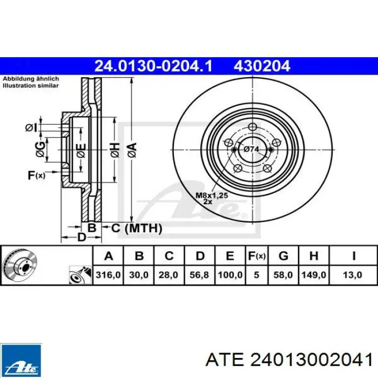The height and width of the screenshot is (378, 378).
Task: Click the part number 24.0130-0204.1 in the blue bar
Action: [x=153, y=66]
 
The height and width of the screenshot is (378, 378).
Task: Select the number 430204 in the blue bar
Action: [x=262, y=66]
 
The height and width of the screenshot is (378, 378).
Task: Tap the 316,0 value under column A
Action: [x=108, y=275]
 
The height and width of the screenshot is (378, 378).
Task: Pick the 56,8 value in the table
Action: [x=199, y=275]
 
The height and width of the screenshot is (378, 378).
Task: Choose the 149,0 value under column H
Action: [x=314, y=275]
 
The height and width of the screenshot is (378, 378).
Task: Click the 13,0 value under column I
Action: [x=353, y=275]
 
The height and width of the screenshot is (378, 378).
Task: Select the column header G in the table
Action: [x=283, y=256]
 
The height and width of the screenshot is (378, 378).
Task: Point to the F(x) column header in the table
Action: [x=256, y=256]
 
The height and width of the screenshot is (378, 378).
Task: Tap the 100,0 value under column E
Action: [x=230, y=275]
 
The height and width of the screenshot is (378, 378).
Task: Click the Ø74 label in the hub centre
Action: [x=251, y=150]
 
